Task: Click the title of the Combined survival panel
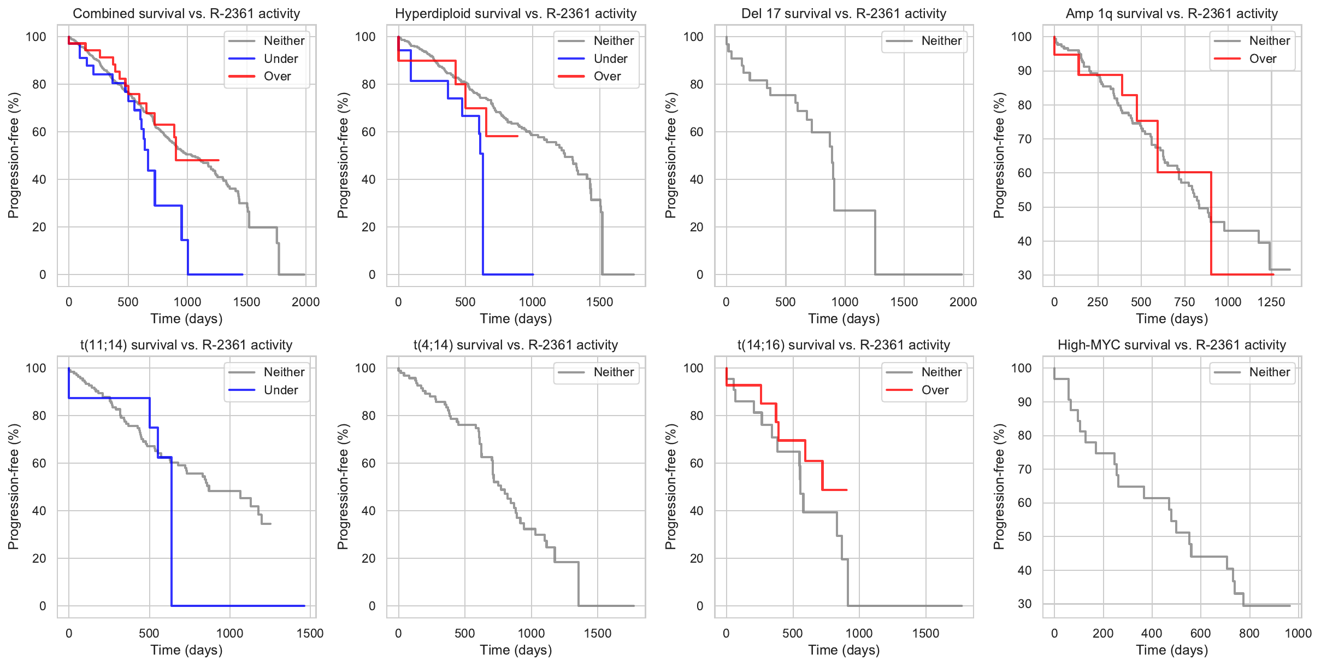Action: click(186, 14)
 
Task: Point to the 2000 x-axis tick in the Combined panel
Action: click(305, 302)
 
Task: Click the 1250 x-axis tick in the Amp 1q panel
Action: click(1271, 302)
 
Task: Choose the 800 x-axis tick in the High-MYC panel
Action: click(1249, 633)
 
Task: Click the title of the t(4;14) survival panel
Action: click(516, 345)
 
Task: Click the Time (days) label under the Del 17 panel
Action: click(844, 319)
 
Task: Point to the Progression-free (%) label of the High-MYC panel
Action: click(999, 487)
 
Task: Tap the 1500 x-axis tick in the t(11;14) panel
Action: click(310, 633)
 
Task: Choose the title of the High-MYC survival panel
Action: click(1171, 345)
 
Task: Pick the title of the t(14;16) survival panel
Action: click(844, 345)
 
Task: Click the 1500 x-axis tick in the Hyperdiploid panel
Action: click(599, 302)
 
